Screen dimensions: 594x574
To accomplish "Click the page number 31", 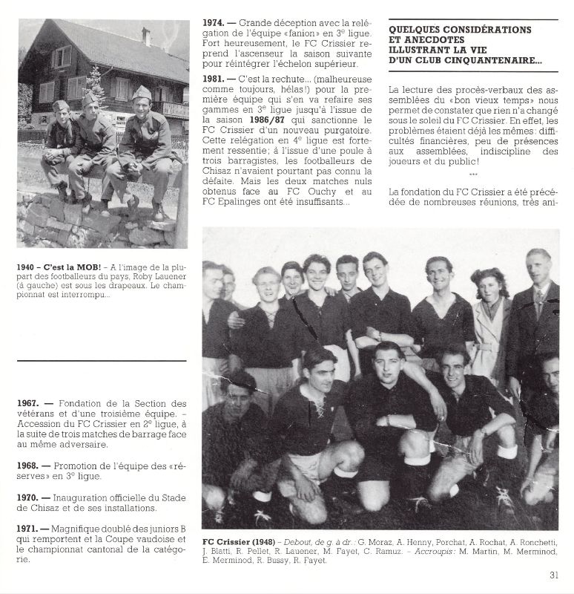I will click(553, 574).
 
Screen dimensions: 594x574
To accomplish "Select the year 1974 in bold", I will click(214, 23).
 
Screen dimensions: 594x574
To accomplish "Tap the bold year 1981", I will click(214, 76).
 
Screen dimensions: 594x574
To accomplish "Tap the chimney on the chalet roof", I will click(146, 36).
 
